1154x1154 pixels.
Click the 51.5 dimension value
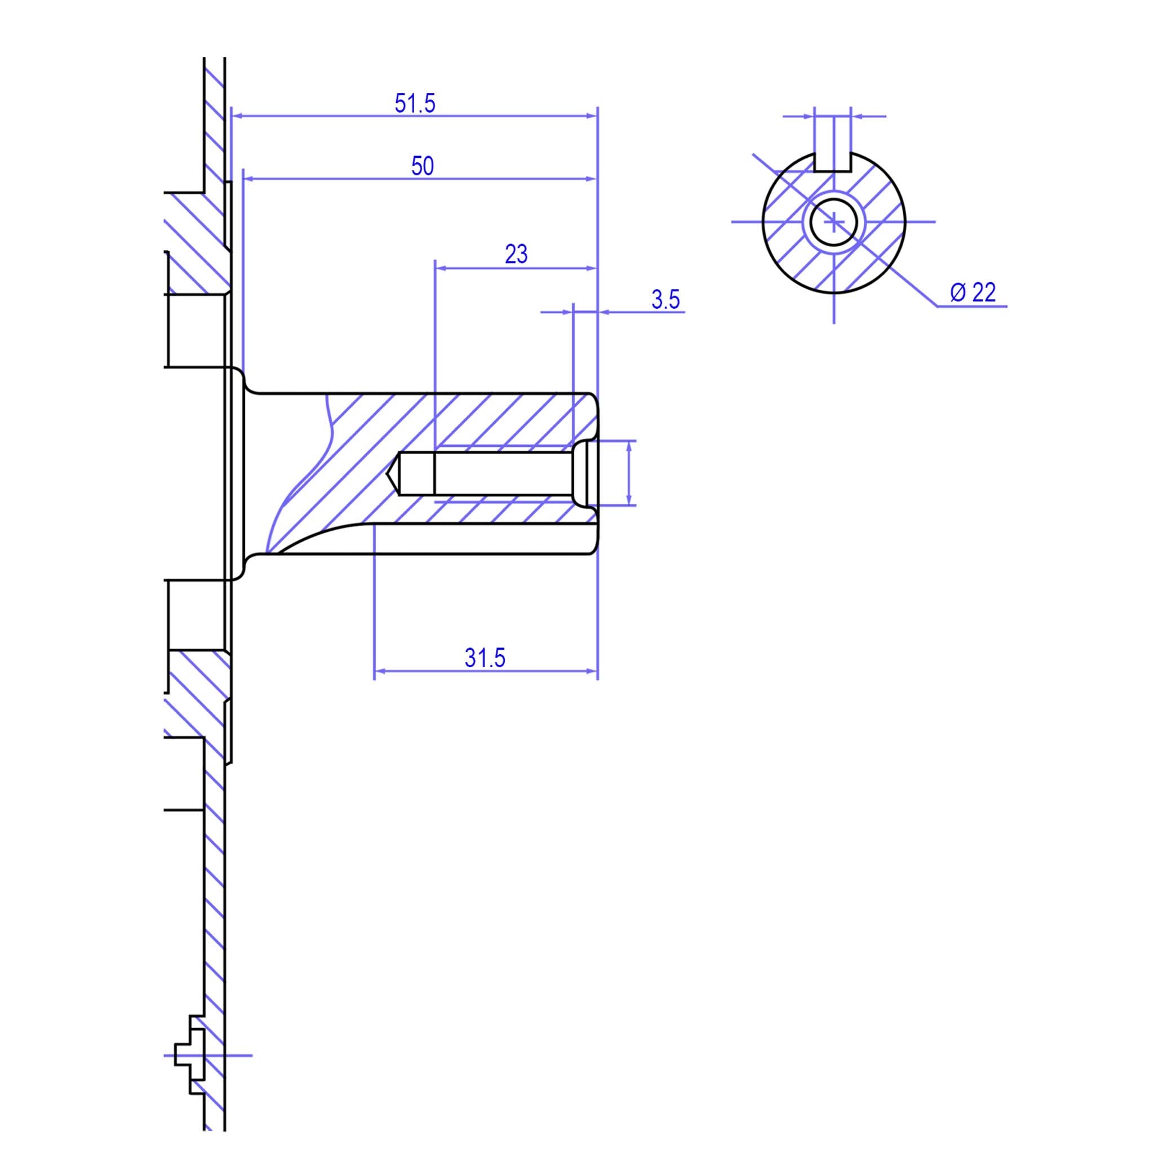point(415,103)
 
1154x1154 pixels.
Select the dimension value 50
point(422,166)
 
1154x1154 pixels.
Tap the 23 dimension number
point(516,255)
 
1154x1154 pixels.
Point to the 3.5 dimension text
point(665,299)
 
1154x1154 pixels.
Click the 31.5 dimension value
point(485,658)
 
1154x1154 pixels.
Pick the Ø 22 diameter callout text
point(973,292)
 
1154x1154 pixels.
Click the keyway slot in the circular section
point(833,161)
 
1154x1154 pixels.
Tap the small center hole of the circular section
point(834,222)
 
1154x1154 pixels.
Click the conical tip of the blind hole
point(392,474)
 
